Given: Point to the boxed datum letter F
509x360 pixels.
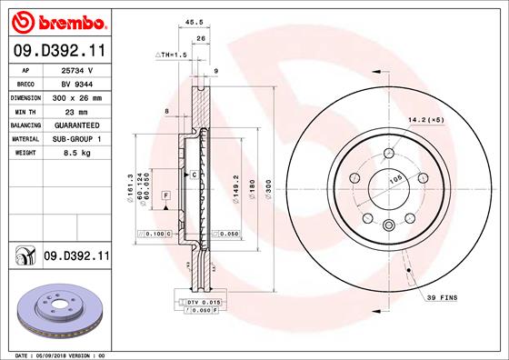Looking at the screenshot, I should tap(166, 195).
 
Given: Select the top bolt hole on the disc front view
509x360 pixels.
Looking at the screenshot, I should tap(388, 154).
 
